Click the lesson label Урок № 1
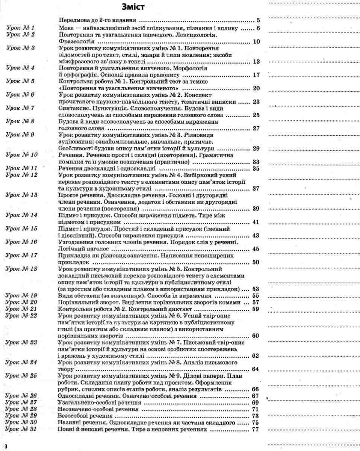pyautogui.click(x=21, y=28)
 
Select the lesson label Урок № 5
pyautogui.click(x=21, y=82)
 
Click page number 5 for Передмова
pyautogui.click(x=259, y=21)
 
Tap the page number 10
pyautogui.click(x=257, y=41)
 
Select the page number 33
pyautogui.click(x=257, y=162)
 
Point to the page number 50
pyautogui.click(x=257, y=262)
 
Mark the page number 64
pyautogui.click(x=256, y=369)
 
